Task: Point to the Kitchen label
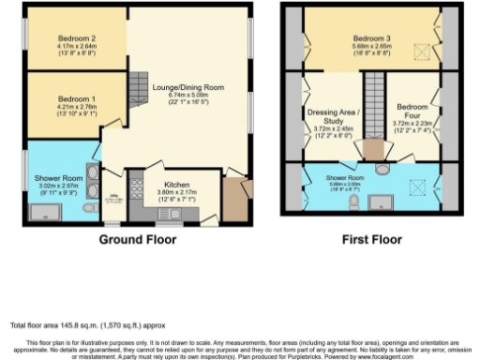pos(177,185)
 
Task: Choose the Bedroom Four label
pos(412,112)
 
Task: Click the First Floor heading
pos(374,240)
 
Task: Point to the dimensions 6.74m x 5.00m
pos(188,95)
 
